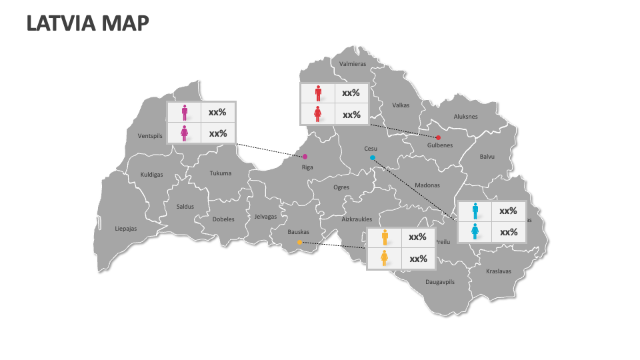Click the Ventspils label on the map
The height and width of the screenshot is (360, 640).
point(150,136)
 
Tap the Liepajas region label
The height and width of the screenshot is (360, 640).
point(125,229)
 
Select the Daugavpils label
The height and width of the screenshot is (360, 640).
point(439,282)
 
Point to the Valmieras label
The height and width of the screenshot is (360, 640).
point(353,64)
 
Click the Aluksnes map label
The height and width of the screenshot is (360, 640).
point(465,117)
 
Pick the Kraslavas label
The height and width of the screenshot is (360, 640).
point(499,271)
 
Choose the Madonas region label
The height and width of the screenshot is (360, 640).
point(427,185)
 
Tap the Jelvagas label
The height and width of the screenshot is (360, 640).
point(265,217)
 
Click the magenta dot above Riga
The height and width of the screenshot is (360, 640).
point(305,157)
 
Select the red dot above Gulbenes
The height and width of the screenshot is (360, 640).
point(438,137)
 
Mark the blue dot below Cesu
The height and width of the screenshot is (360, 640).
point(373,158)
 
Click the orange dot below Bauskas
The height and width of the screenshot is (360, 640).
point(299,242)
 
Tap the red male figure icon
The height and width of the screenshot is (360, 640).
point(318,93)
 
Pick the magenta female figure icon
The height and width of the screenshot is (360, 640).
point(185,133)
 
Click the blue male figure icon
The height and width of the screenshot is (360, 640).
point(475,211)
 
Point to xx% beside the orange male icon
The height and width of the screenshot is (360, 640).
point(417,237)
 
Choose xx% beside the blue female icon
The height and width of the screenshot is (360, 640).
point(509,232)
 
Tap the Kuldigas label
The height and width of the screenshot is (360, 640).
point(151,175)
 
